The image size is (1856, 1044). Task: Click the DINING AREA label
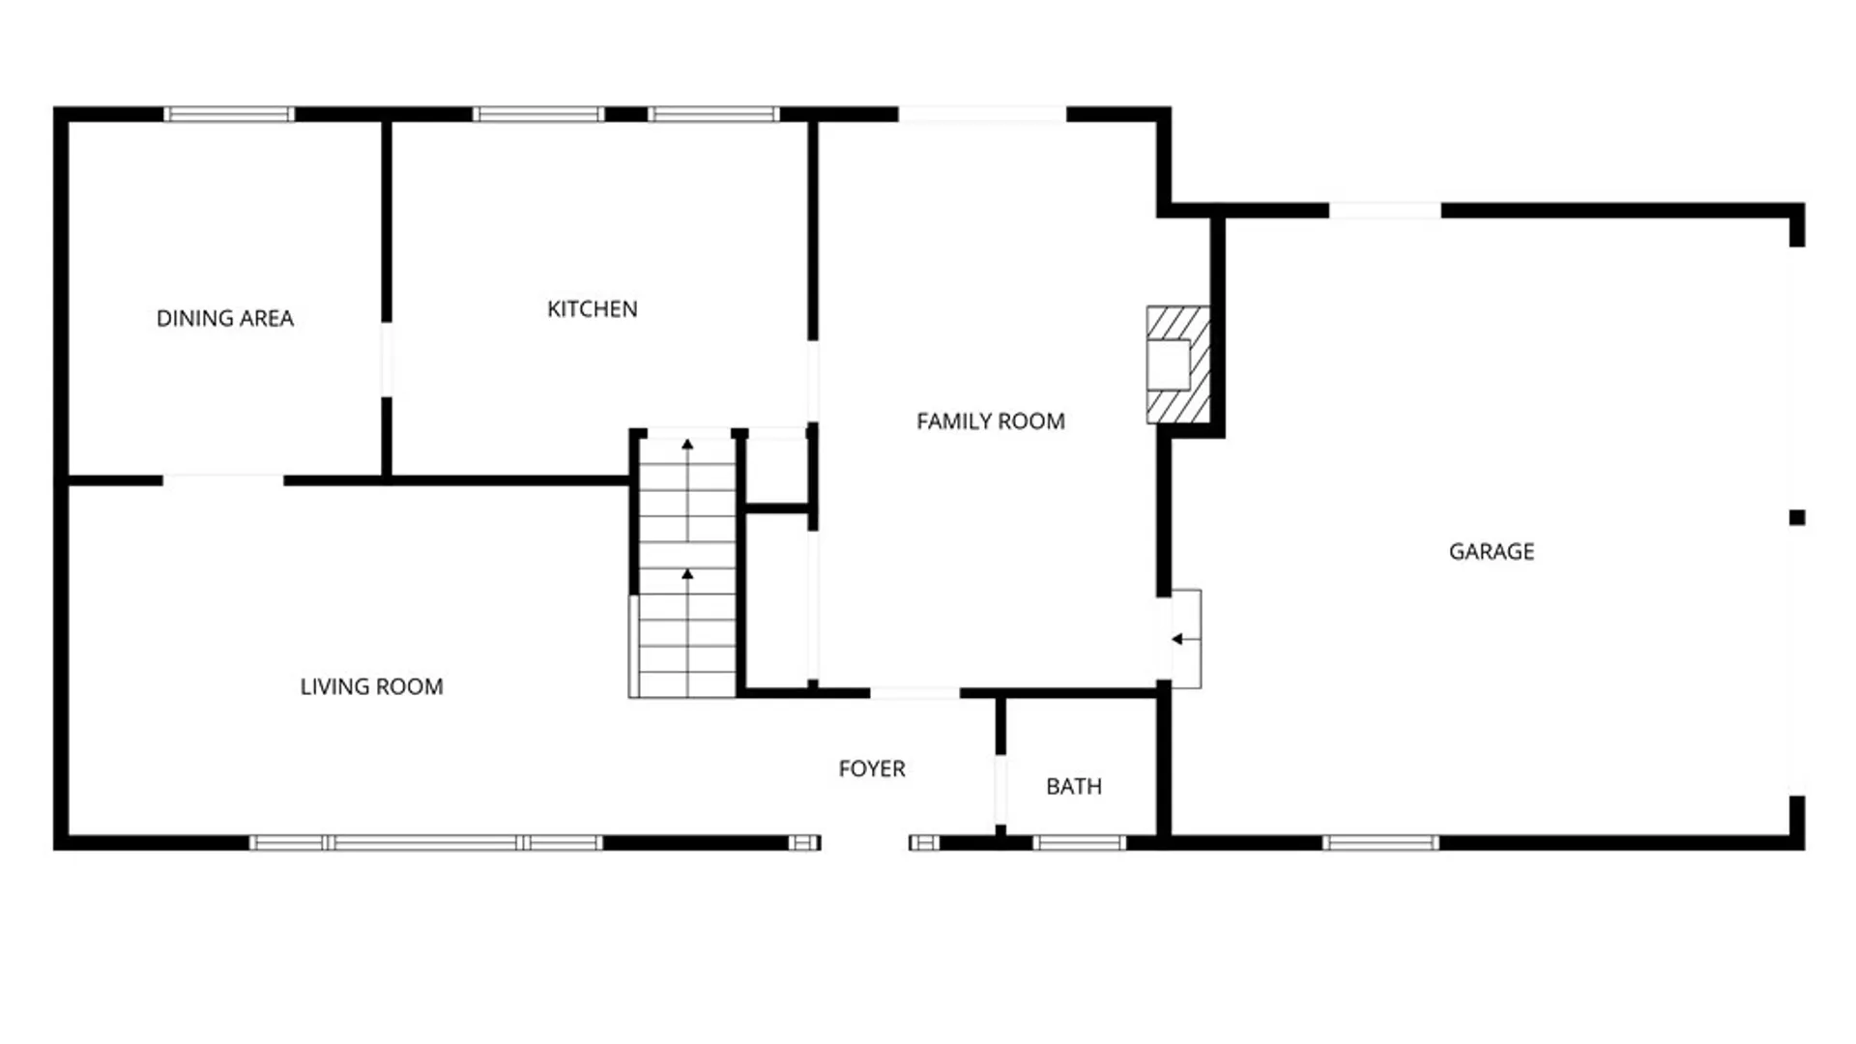225,318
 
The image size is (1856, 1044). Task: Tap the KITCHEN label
592,309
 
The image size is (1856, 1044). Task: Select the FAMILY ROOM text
990,421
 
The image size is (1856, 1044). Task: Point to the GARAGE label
1491,552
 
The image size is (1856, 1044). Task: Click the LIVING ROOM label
371,687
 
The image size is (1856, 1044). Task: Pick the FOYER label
871,769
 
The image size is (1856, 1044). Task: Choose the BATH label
1073,787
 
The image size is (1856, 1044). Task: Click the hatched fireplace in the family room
1177,364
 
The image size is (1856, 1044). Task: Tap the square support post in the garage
1796,518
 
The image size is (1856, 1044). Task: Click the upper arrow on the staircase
687,446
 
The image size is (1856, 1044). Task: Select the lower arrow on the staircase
687,575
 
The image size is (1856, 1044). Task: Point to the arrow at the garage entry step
1177,639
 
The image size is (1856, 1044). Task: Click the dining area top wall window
229,114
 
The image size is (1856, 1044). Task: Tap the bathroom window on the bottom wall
1079,843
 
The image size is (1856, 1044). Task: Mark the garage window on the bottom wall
1379,843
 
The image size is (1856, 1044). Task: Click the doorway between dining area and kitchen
387,360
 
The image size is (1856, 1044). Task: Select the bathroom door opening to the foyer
1000,790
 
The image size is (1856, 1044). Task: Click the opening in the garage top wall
1384,211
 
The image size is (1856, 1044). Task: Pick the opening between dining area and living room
223,479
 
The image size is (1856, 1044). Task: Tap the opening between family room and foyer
914,693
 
